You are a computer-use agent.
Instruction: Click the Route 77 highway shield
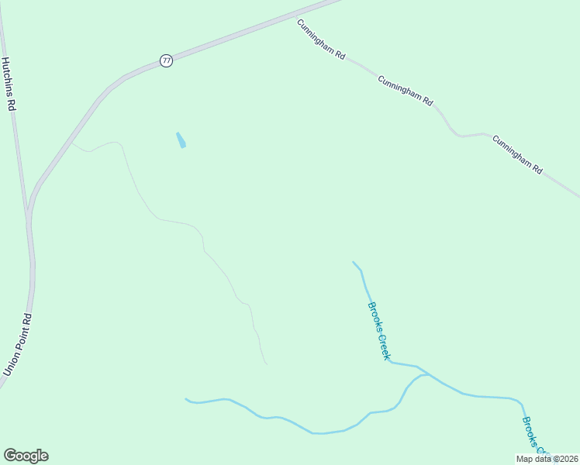[x=166, y=61]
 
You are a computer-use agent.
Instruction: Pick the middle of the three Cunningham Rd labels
[x=405, y=91]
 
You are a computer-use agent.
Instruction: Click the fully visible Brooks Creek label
[x=378, y=330]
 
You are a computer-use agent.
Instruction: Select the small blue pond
[x=181, y=140]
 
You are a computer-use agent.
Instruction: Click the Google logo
[x=26, y=456]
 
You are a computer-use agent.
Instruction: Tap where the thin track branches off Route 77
[x=72, y=143]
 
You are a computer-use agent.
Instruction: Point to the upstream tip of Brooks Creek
[x=353, y=262]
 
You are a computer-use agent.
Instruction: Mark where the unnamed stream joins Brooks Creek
[x=427, y=374]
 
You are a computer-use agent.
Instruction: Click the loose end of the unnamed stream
[x=185, y=399]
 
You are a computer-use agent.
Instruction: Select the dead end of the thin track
[x=267, y=363]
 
